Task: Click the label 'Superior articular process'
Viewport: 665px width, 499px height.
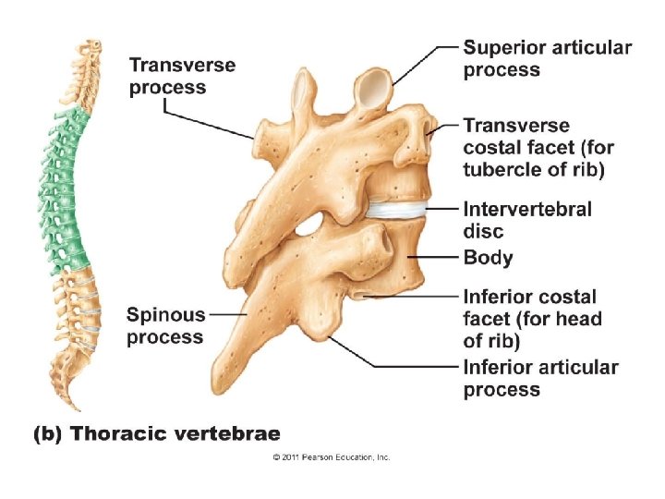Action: (x=547, y=57)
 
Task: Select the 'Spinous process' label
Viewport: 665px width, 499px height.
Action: (x=165, y=325)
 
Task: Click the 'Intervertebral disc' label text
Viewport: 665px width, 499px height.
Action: (x=527, y=220)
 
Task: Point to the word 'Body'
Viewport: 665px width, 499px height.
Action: (x=488, y=258)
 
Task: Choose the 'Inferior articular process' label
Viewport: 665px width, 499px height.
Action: (x=540, y=378)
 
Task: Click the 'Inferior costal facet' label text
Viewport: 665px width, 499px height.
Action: (x=532, y=319)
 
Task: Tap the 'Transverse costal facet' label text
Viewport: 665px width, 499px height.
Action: (x=538, y=148)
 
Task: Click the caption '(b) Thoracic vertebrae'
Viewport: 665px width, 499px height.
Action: (x=157, y=432)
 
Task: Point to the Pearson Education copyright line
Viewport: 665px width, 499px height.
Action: (x=332, y=457)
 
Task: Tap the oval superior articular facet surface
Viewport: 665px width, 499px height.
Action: (x=375, y=87)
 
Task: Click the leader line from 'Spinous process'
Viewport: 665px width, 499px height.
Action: (x=229, y=314)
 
